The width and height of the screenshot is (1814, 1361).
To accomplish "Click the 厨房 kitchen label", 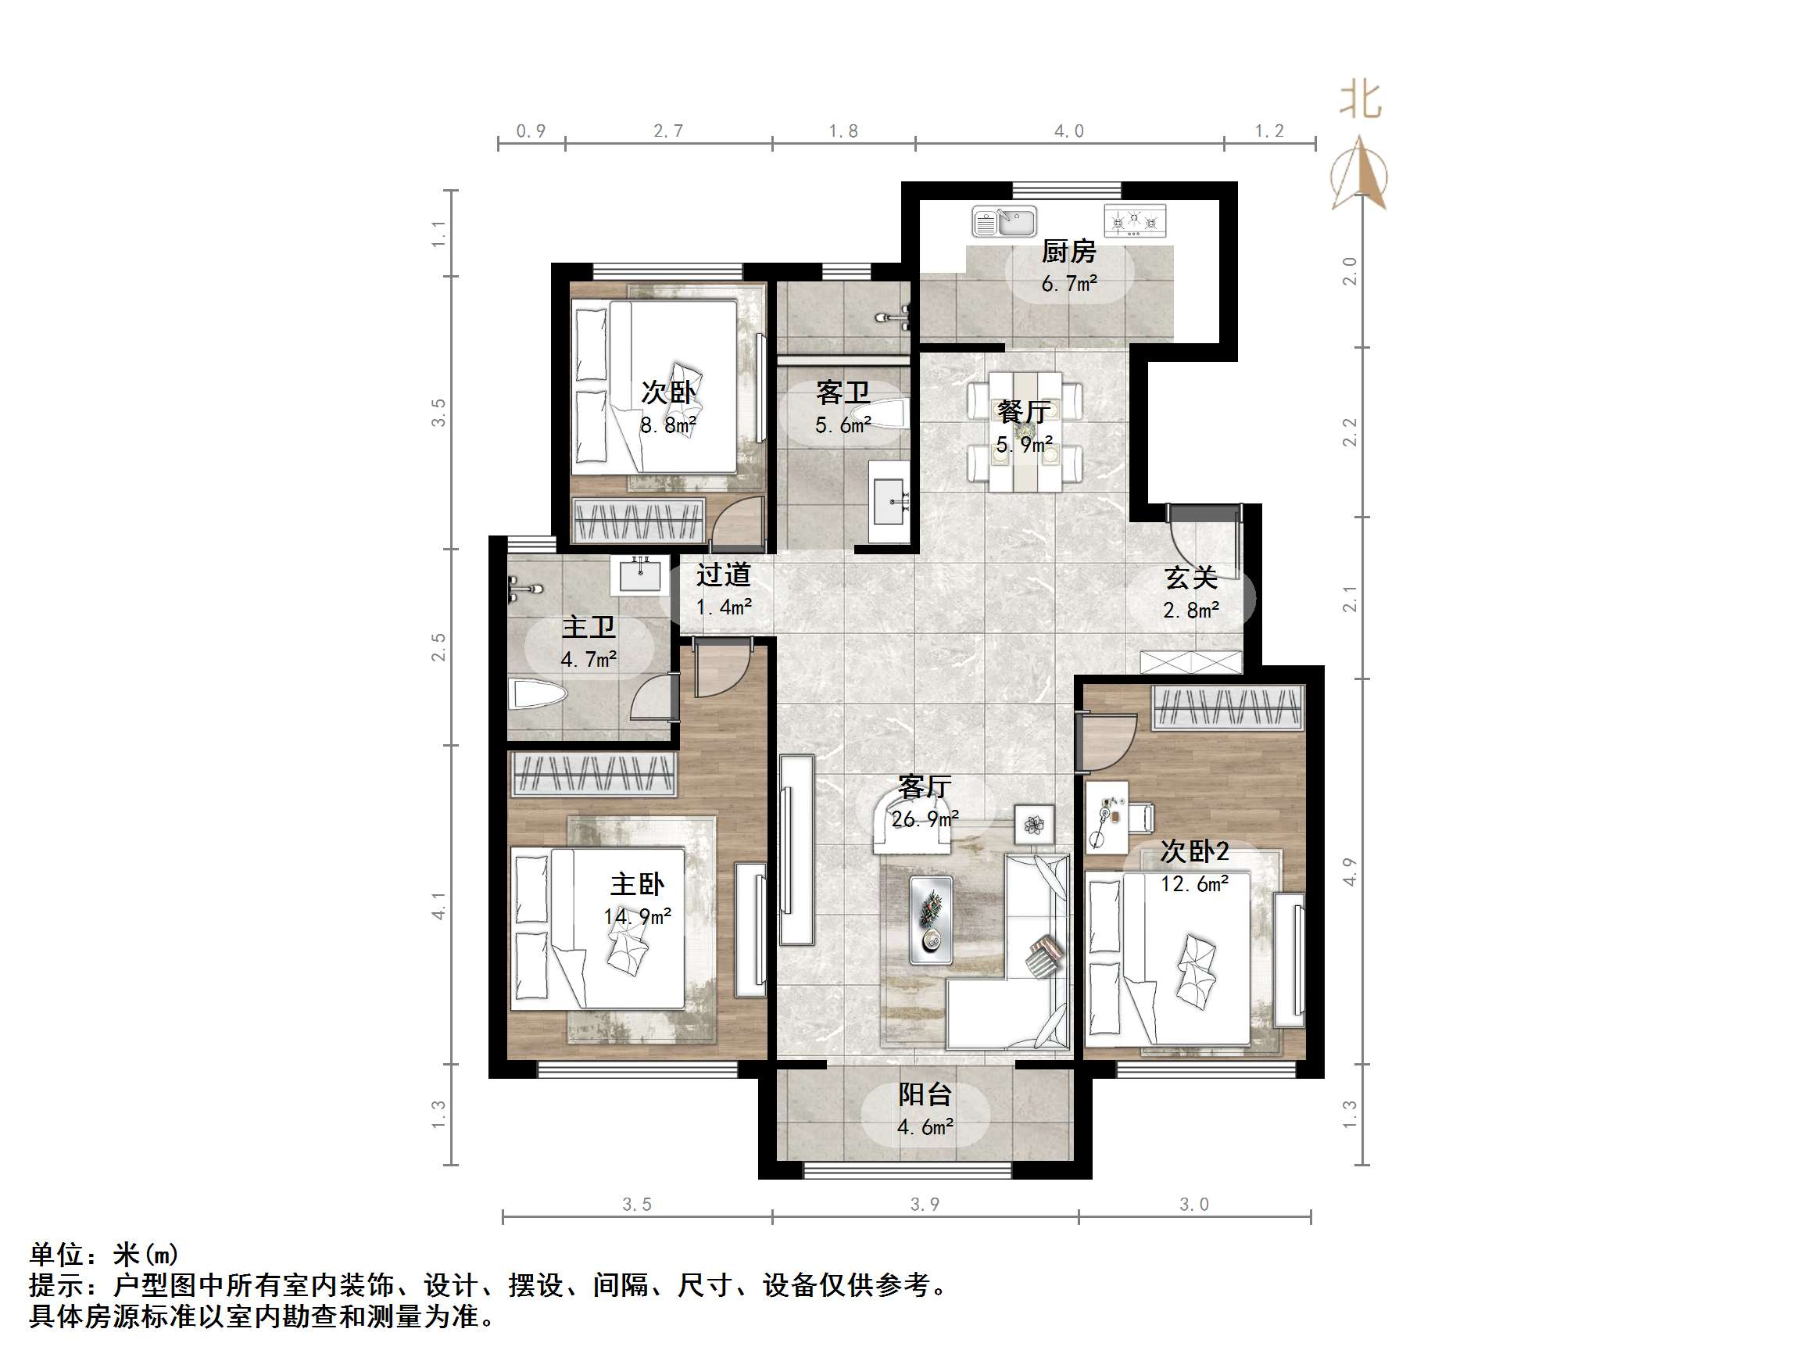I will click(x=1068, y=251).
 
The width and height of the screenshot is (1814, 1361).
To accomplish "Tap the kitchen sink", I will click(x=1004, y=221).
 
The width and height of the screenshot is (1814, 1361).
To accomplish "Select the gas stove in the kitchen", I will click(x=1135, y=220).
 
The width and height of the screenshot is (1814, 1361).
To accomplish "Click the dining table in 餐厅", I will click(x=1025, y=432).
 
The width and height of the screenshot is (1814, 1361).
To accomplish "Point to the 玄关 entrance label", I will click(x=1191, y=578).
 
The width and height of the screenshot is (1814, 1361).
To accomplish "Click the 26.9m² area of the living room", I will click(x=925, y=818).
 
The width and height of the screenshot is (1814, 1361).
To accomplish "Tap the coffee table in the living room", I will click(x=932, y=919).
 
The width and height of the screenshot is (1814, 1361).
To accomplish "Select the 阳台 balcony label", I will click(x=925, y=1094).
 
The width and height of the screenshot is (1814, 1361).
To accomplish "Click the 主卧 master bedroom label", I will click(x=637, y=884).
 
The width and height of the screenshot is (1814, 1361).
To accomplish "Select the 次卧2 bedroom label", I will click(x=1194, y=851).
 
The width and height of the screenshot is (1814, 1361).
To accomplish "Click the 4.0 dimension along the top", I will click(x=1068, y=131).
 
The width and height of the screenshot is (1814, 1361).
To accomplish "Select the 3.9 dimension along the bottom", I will click(x=925, y=1205).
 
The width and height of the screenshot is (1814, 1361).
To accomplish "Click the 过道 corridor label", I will click(x=723, y=575).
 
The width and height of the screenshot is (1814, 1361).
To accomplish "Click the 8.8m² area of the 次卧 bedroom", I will click(x=668, y=425).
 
